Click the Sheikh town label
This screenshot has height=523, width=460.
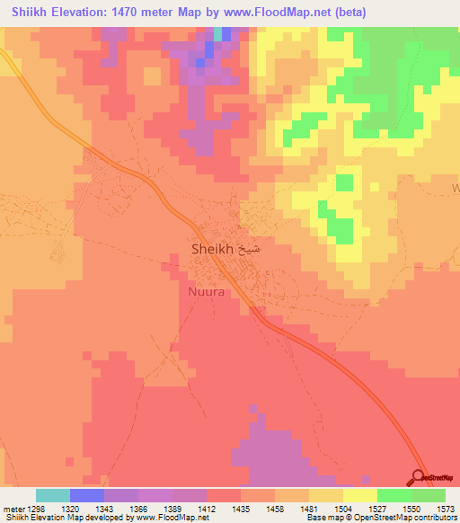click(x=213, y=249)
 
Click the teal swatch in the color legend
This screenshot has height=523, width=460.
click(x=53, y=495)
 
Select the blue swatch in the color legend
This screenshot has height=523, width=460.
click(x=87, y=495)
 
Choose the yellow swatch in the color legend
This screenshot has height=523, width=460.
click(x=360, y=495)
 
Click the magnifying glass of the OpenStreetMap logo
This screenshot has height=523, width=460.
click(x=419, y=477)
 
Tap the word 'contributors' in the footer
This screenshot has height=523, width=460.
click(x=434, y=518)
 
